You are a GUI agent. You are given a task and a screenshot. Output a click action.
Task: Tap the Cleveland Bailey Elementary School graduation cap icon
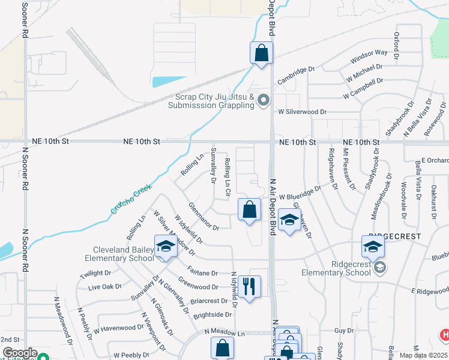[165, 246]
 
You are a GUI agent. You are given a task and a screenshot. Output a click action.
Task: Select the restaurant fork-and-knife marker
[249, 286]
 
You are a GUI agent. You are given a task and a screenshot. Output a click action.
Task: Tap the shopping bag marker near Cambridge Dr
[262, 52]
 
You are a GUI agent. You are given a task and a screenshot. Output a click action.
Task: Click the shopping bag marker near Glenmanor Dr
[250, 209]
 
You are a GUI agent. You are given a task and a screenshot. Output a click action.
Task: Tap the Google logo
[19, 353]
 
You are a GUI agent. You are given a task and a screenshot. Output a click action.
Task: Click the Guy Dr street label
[344, 331]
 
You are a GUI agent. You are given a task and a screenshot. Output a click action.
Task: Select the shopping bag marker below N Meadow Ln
[222, 347]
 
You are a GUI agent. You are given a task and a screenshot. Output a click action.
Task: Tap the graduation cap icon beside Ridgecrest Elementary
[372, 246]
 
